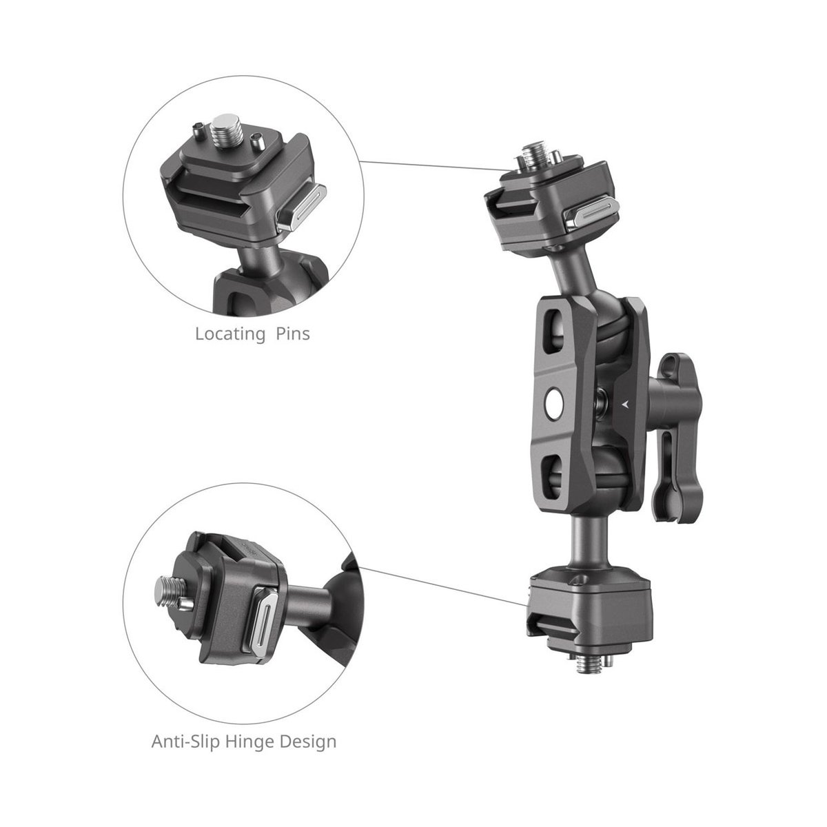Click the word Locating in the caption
230,334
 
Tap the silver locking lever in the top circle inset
301,207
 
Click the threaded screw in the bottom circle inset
167,592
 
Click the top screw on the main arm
531,159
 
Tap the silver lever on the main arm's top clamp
591,213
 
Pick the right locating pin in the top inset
256,140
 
